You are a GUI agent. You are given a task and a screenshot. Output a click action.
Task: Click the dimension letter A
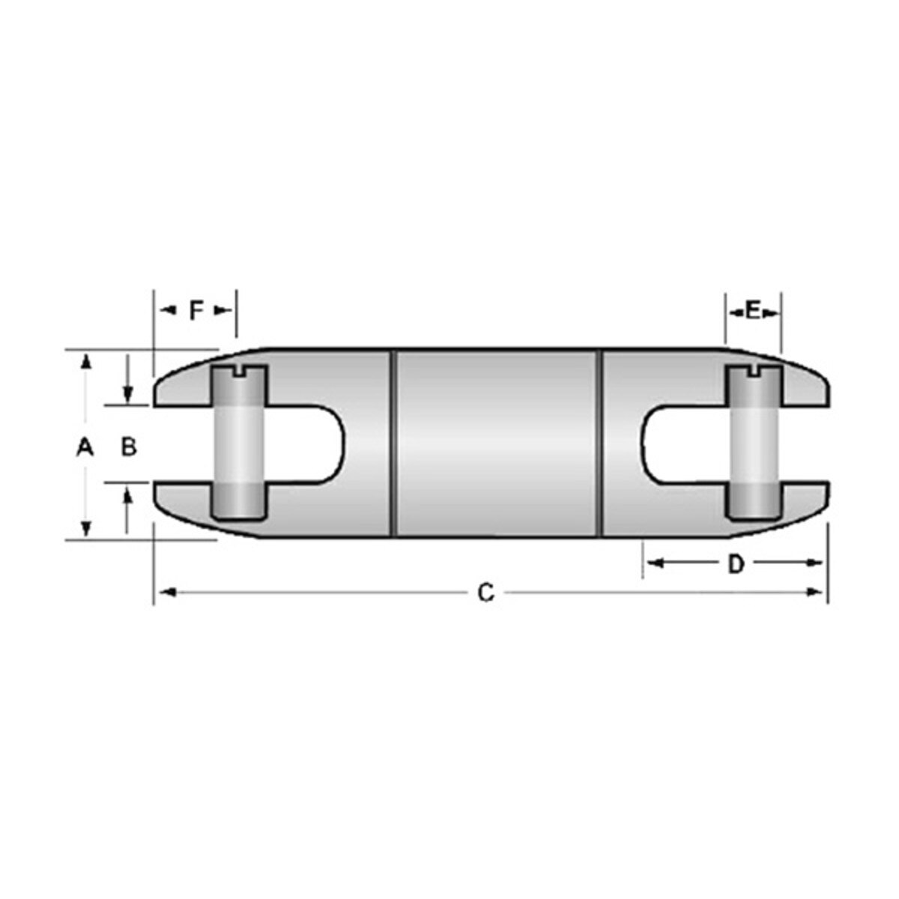(x=85, y=447)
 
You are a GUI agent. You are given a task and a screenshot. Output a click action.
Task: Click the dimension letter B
(x=129, y=447)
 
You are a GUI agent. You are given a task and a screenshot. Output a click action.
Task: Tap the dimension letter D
(x=736, y=564)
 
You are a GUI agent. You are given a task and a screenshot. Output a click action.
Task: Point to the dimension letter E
(x=753, y=309)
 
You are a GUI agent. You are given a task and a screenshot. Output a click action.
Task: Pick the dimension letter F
(x=196, y=309)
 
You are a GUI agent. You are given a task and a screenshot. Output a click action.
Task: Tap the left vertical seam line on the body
(x=393, y=444)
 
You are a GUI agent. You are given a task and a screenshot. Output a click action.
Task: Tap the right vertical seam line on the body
(x=601, y=444)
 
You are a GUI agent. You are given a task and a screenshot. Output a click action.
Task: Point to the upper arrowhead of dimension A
(x=87, y=363)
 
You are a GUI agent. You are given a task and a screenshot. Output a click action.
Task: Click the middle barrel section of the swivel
(x=497, y=444)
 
